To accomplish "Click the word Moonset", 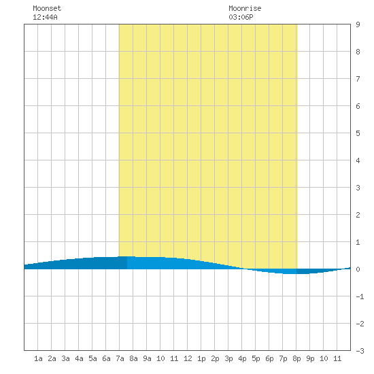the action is (x=47, y=8).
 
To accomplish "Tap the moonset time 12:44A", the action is (x=45, y=17).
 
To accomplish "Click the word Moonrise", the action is (x=245, y=8).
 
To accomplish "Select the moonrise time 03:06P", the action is (x=241, y=17).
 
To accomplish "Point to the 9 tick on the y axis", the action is (x=358, y=24).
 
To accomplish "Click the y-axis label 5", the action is (x=358, y=133).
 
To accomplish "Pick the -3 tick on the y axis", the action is (x=360, y=351).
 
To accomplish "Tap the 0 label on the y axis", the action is (x=358, y=269).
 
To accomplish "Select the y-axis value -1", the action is (x=360, y=296).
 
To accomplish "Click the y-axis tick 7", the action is (x=358, y=79).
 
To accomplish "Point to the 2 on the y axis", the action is (x=358, y=215).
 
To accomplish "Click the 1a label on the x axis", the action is (x=38, y=358).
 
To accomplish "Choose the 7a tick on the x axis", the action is (x=120, y=358).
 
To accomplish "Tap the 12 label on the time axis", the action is (x=188, y=358).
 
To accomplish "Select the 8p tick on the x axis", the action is (x=296, y=359).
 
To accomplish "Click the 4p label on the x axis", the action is (x=242, y=359).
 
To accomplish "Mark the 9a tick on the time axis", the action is (x=147, y=358).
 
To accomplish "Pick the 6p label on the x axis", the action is (x=269, y=359).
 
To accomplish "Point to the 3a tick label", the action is (x=65, y=358).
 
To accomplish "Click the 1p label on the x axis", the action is (x=201, y=359).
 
